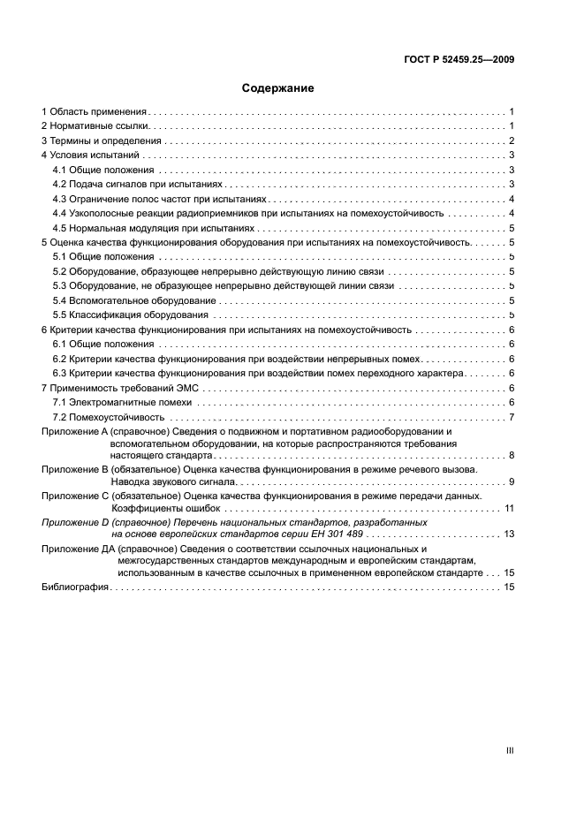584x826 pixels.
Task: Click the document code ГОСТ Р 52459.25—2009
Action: point(457,61)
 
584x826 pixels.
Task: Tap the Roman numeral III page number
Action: point(510,750)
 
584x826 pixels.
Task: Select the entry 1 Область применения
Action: point(95,112)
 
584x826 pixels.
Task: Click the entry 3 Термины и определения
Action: point(101,141)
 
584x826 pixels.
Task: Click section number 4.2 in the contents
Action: point(61,185)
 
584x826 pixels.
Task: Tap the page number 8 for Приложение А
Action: point(512,455)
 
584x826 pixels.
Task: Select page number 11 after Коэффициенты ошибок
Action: point(509,508)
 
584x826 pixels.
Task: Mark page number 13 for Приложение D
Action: point(509,534)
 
